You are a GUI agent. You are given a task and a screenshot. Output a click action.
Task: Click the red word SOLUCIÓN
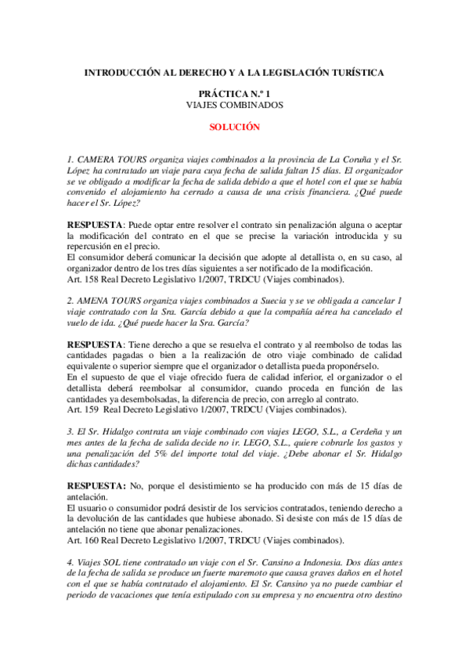[x=234, y=125]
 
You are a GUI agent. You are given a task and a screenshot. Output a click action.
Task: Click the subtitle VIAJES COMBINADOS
[x=234, y=104]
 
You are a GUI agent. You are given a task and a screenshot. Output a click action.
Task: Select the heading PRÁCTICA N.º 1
[x=234, y=93]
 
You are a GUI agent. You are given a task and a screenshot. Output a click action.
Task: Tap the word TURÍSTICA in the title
[x=356, y=72]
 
